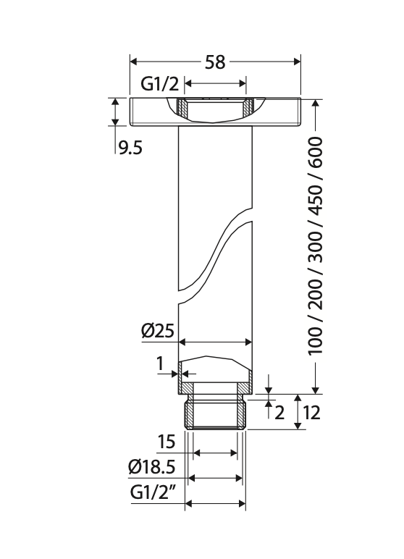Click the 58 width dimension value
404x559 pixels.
pyautogui.click(x=215, y=62)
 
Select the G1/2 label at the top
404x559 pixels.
pyautogui.click(x=159, y=85)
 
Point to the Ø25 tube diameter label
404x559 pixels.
pyautogui.click(x=158, y=332)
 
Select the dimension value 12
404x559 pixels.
pyautogui.click(x=311, y=413)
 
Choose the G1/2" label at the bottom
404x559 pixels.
pyautogui.click(x=153, y=493)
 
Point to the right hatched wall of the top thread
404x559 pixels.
pyautogui.click(x=248, y=109)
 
